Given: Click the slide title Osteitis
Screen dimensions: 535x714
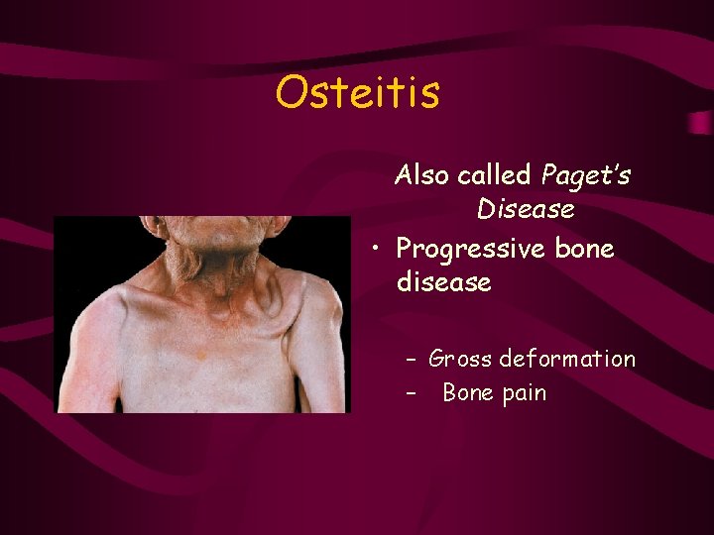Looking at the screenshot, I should [x=357, y=93].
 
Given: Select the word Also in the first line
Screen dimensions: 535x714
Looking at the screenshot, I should [x=421, y=175].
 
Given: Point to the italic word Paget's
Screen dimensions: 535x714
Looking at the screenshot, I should [x=586, y=175].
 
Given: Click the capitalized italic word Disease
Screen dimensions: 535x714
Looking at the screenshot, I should [x=526, y=210].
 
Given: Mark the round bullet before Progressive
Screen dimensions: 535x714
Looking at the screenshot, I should [x=377, y=249].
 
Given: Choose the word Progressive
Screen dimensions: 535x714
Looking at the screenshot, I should [x=471, y=249].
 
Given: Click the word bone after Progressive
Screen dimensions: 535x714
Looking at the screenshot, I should [x=584, y=249].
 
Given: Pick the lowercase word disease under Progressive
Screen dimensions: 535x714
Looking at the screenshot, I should [x=443, y=283].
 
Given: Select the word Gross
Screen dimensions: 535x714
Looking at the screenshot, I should [x=461, y=359].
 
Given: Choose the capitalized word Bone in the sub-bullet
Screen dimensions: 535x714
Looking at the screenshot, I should [x=469, y=393].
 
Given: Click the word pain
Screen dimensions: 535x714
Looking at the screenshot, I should [x=525, y=393].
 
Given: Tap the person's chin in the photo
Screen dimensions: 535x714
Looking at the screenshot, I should [x=214, y=226].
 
